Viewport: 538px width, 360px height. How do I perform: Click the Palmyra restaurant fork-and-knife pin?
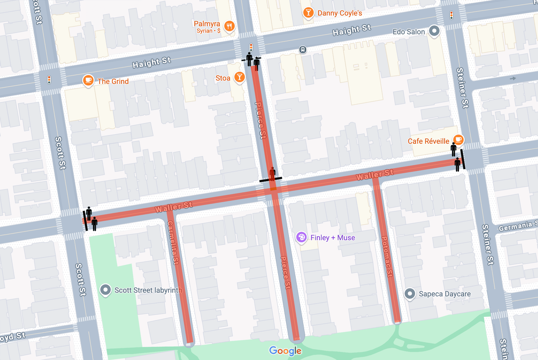tap(229, 26)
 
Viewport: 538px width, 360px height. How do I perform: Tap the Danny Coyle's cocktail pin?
tap(308, 12)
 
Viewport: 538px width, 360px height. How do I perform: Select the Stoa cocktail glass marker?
tap(239, 77)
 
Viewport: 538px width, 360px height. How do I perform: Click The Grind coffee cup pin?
tap(88, 80)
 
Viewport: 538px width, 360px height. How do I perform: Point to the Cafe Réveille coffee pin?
tap(458, 140)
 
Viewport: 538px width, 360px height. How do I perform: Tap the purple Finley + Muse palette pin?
tap(301, 237)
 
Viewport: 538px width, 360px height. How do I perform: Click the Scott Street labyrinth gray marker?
tap(105, 290)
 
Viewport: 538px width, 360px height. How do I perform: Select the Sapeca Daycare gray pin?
tap(410, 294)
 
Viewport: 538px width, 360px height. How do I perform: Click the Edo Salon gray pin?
tap(434, 31)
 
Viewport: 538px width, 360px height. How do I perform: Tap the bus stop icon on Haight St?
tap(303, 49)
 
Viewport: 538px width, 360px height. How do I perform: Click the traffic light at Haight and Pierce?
tap(251, 48)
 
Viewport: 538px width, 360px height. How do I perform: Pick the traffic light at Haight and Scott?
tap(49, 80)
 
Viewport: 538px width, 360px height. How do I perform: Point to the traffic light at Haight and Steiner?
tap(451, 15)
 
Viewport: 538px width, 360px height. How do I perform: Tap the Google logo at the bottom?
tap(285, 351)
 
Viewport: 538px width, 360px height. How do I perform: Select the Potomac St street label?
tap(387, 256)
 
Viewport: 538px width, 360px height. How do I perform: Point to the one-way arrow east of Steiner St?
tap(513, 78)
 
